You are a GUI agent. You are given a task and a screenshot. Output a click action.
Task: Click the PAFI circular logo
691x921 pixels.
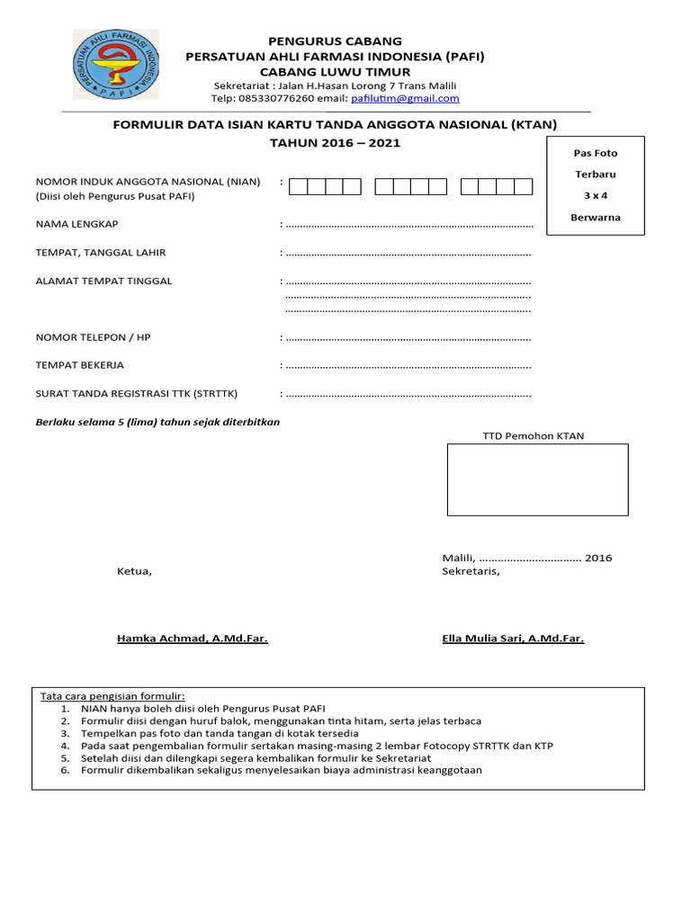pyautogui.click(x=116, y=67)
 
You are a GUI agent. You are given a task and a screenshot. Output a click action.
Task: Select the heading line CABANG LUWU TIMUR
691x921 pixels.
pyautogui.click(x=335, y=71)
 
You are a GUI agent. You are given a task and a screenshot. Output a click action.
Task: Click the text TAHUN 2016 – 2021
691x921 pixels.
pyautogui.click(x=335, y=143)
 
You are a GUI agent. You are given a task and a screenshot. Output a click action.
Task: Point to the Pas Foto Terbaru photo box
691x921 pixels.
pyautogui.click(x=595, y=185)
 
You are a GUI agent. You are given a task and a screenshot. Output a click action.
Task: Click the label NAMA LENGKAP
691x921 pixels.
pyautogui.click(x=76, y=224)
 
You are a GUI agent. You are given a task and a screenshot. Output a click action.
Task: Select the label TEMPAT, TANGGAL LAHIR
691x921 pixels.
pyautogui.click(x=100, y=253)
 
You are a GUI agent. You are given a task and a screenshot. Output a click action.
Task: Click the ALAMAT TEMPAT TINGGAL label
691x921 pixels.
pyautogui.click(x=103, y=281)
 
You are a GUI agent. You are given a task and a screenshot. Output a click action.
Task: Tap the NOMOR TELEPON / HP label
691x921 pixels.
pyautogui.click(x=93, y=337)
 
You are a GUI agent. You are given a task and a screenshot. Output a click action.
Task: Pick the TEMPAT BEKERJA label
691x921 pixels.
pyautogui.click(x=79, y=365)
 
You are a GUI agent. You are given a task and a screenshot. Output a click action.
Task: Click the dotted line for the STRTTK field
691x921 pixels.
pyautogui.click(x=408, y=394)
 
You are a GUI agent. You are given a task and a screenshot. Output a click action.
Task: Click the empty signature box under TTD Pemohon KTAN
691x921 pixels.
pyautogui.click(x=537, y=479)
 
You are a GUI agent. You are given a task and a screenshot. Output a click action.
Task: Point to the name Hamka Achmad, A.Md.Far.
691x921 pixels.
pyautogui.click(x=192, y=639)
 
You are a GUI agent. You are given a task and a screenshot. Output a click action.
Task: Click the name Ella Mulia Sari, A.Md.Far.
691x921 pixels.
pyautogui.click(x=513, y=639)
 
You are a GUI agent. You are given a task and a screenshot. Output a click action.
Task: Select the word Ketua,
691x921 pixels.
pyautogui.click(x=135, y=571)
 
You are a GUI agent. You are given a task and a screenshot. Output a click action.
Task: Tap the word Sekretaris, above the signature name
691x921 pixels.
pyautogui.click(x=471, y=571)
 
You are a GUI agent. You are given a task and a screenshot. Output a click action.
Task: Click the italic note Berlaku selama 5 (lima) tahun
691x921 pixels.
pyautogui.click(x=157, y=422)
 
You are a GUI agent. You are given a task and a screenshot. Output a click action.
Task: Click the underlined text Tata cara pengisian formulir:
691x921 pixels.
pyautogui.click(x=112, y=696)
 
